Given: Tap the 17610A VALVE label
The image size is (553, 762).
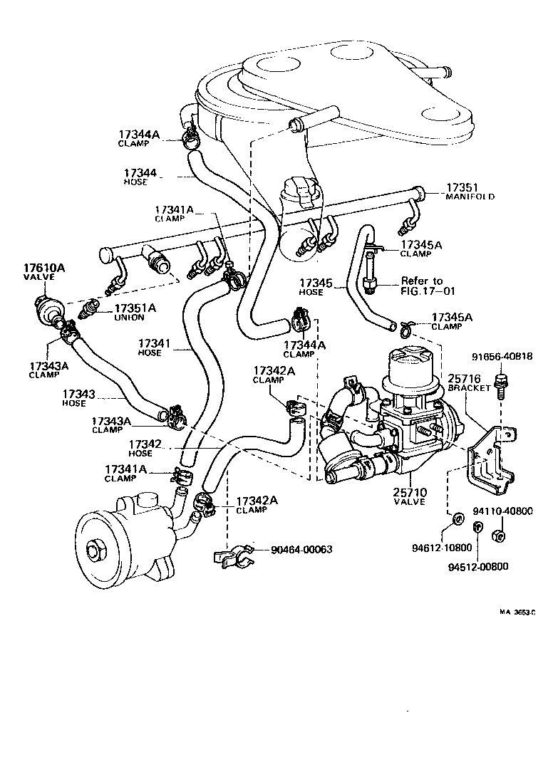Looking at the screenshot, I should click(x=44, y=272).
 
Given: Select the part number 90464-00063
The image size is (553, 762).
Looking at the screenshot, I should click(x=301, y=549).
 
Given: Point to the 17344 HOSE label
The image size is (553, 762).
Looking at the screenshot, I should click(x=140, y=177).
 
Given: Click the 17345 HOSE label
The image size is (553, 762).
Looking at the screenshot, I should click(x=316, y=287).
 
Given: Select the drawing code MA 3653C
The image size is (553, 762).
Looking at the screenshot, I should click(x=517, y=611).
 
